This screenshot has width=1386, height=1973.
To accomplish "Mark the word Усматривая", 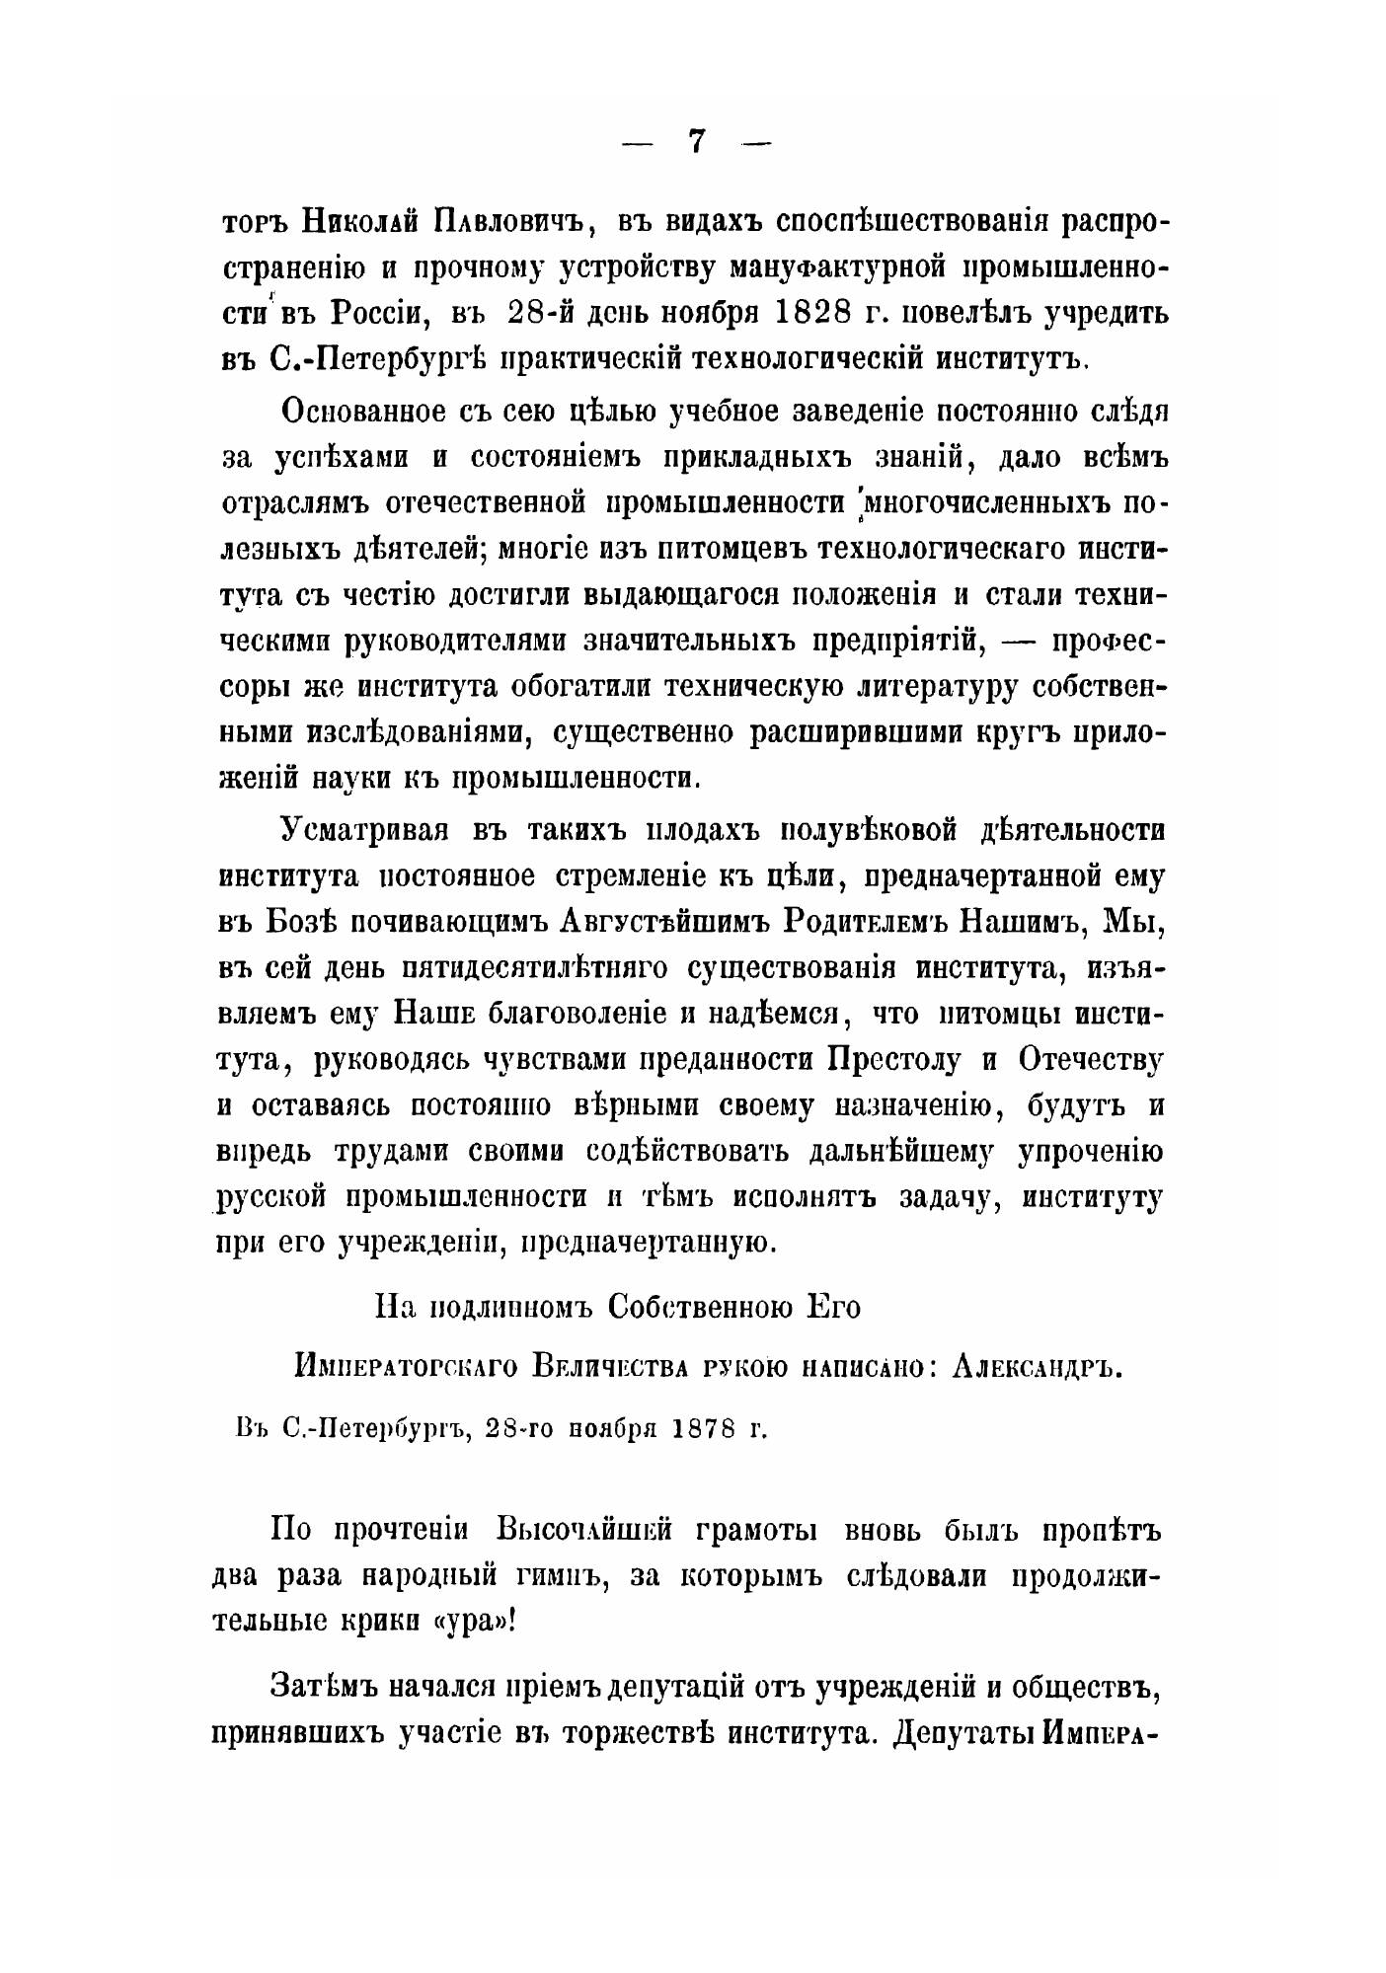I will coord(364,830).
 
